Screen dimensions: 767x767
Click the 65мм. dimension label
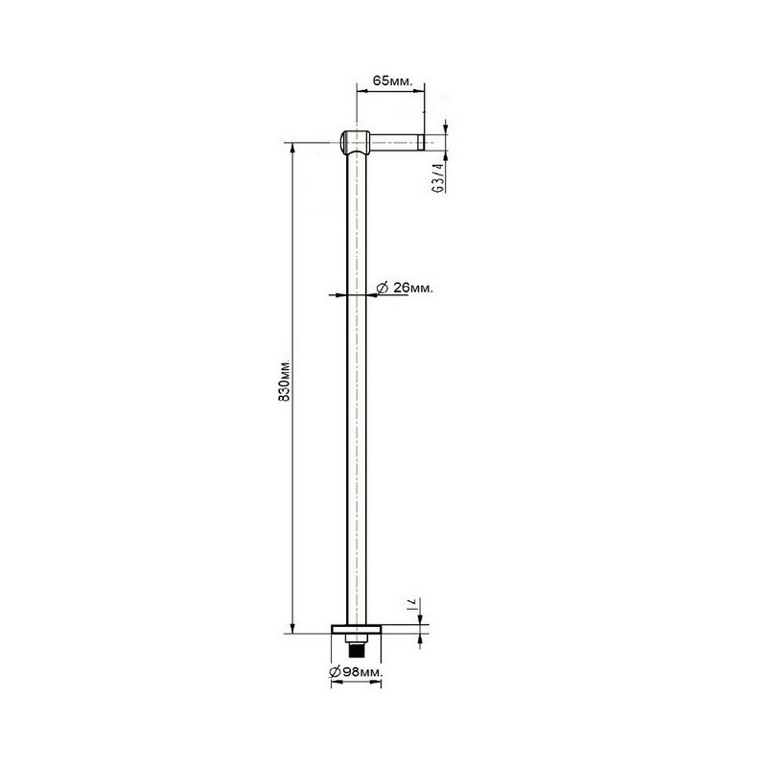point(393,81)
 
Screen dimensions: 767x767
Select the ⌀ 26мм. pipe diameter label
point(405,289)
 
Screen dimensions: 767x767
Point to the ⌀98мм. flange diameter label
point(356,672)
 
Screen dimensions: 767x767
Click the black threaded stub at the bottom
point(357,651)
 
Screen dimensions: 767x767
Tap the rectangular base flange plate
point(356,630)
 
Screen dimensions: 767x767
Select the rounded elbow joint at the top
point(355,142)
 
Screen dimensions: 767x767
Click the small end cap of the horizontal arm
point(420,142)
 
